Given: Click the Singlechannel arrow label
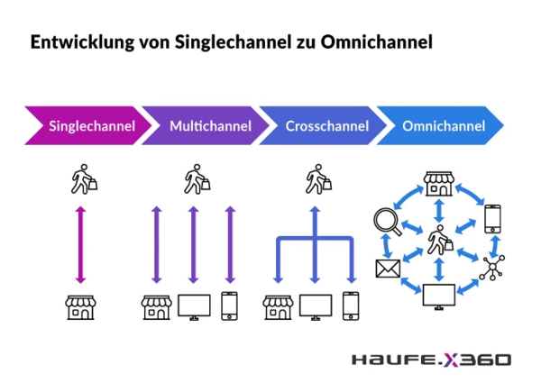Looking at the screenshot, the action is pos(92,126).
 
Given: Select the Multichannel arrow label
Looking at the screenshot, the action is pos(210,126).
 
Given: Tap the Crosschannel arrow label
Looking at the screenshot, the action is pos(327,126).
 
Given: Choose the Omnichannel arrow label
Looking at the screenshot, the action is pos(444,126).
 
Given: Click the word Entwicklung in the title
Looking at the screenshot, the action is pos(82,42).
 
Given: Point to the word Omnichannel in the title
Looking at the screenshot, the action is pos(376,41).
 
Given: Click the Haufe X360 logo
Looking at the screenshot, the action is pos(431,360).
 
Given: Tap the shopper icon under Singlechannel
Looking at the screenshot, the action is pos(84,179).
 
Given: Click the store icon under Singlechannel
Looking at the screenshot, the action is pos(80,307).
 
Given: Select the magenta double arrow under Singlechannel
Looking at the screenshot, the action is pos(80,245).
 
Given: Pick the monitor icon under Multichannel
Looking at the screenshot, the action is pos(194,307).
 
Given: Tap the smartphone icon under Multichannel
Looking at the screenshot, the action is pos(229,305).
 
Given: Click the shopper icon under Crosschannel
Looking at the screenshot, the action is pos(318,179).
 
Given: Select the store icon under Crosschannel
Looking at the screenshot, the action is pos(278,307).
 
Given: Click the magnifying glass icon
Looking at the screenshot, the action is pos(388,222).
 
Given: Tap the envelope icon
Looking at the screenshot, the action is pos(388,269).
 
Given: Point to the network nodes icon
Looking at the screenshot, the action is pos(492,268).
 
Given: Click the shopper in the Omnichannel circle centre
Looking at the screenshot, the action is pos(440,240).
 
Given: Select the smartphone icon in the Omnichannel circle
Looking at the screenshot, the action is pos(492,219).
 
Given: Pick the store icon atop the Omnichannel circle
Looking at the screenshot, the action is pos(439,184).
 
